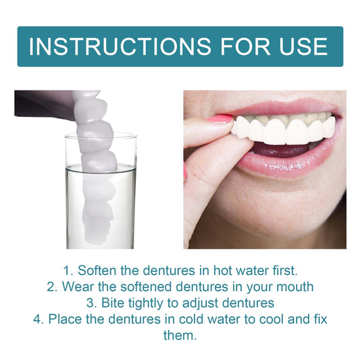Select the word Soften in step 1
tap(100, 271)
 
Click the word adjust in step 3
tap(193, 303)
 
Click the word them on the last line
tap(180, 334)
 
